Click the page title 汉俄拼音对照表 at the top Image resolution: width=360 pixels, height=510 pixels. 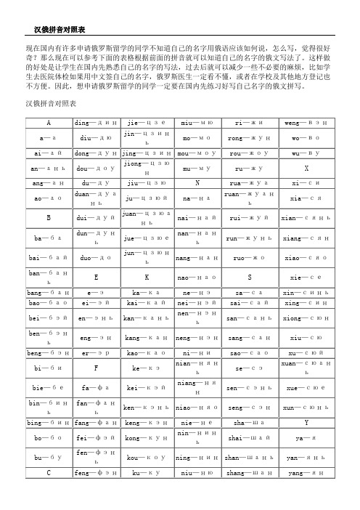tap(60, 30)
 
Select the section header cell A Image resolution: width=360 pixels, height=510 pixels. tap(49, 122)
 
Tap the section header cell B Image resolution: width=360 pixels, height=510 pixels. tap(49, 216)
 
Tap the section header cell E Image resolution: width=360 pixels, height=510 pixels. tap(94, 277)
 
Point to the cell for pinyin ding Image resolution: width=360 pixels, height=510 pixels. tap(94, 122)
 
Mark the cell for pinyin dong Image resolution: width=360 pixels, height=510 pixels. tap(94, 154)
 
